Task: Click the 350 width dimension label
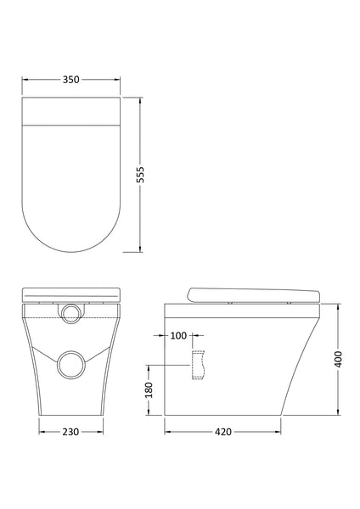(x=70, y=80)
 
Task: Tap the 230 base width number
(x=70, y=432)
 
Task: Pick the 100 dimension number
(x=178, y=336)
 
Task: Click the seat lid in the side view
(x=255, y=294)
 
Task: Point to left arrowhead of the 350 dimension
(x=24, y=80)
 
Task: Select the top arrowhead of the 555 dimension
(x=141, y=98)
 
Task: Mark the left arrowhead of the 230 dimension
(x=40, y=432)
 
